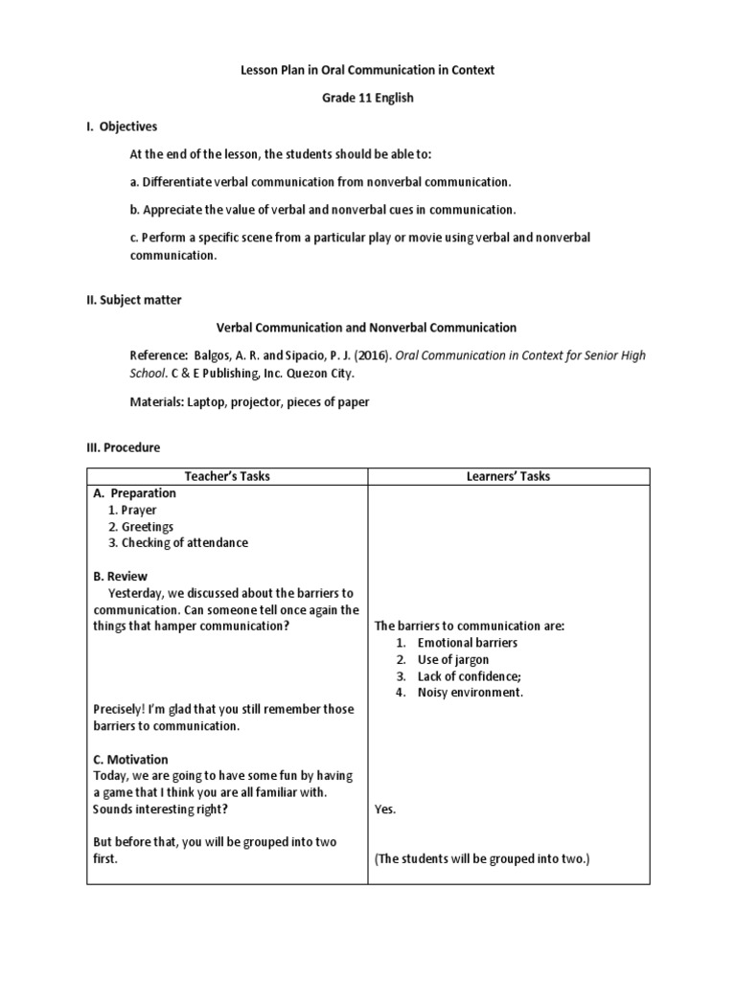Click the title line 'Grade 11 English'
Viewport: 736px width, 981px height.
[368, 99]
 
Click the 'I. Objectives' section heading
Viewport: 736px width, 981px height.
[122, 126]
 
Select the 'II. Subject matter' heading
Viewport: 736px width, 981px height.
[133, 300]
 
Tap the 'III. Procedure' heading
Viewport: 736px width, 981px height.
[124, 447]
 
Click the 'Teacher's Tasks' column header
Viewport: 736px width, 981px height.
[227, 476]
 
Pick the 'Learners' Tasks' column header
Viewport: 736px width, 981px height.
[509, 476]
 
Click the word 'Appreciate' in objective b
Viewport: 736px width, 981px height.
[172, 209]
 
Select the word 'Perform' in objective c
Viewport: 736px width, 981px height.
[165, 237]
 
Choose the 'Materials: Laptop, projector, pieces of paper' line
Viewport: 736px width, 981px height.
[249, 402]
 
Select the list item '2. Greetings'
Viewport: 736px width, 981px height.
[141, 527]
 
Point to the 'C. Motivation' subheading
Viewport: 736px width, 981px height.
[131, 759]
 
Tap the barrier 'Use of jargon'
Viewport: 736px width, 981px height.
[452, 659]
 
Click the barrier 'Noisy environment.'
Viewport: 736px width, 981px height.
[470, 693]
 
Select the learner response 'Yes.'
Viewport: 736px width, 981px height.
[385, 810]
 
